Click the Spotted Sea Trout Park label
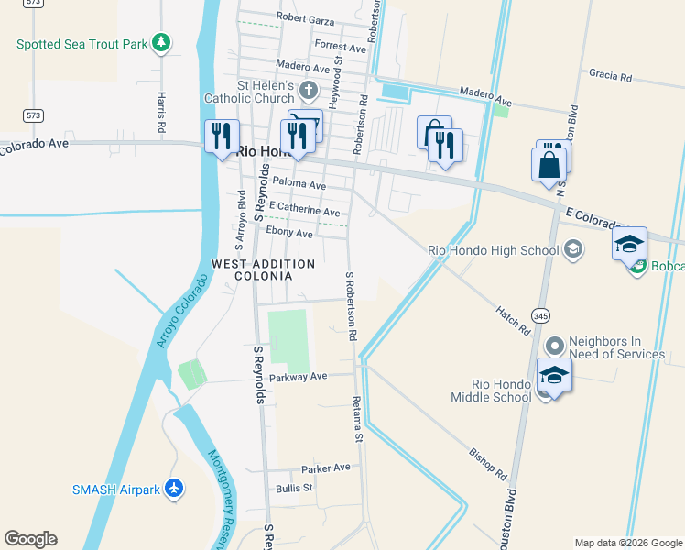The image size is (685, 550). (81, 43)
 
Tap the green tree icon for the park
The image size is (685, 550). (161, 43)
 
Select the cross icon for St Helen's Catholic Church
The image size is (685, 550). (309, 91)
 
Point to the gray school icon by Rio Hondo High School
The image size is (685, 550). (572, 250)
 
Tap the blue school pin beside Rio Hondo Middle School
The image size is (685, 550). (554, 377)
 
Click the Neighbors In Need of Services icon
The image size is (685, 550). (555, 346)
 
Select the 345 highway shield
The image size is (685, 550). (540, 315)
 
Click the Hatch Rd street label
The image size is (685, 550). (513, 320)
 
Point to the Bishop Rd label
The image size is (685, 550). (487, 465)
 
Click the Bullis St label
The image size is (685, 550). (294, 488)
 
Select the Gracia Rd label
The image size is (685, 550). (611, 77)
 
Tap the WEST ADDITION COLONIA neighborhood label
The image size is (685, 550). (263, 269)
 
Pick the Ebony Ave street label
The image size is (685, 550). (288, 233)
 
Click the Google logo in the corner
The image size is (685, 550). (30, 539)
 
